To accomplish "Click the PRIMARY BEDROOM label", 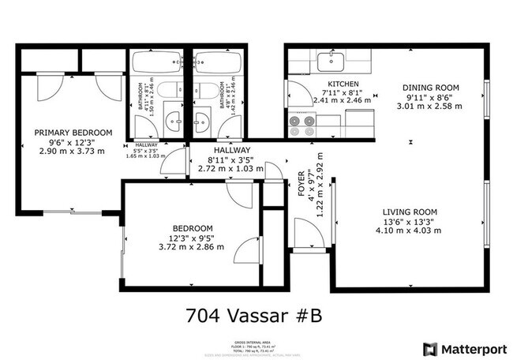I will pyautogui.click(x=72, y=133).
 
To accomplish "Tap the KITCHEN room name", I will pyautogui.click(x=343, y=84).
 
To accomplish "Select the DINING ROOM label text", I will pyautogui.click(x=430, y=88).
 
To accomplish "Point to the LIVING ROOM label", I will pyautogui.click(x=410, y=212).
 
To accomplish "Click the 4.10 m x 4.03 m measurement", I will pyautogui.click(x=410, y=231).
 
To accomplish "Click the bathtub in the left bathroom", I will pyautogui.click(x=158, y=62).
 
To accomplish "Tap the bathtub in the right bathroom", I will pyautogui.click(x=219, y=62).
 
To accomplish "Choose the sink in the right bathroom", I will pyautogui.click(x=202, y=122).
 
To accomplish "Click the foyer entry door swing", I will pyautogui.click(x=308, y=232).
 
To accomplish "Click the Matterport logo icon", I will pyautogui.click(x=430, y=348).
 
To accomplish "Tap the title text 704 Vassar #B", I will pyautogui.click(x=253, y=315).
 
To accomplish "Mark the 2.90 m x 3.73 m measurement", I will pyautogui.click(x=72, y=151).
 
